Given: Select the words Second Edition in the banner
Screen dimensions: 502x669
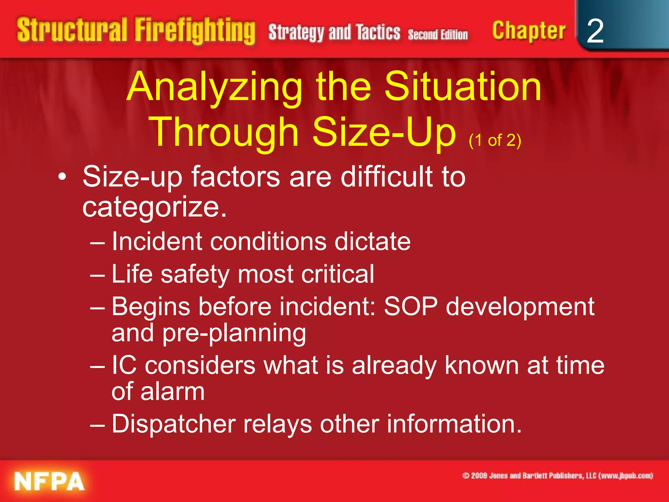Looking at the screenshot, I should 437,35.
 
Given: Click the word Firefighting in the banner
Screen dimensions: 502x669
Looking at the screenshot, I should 195,31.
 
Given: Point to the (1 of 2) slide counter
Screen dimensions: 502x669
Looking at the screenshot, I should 495,141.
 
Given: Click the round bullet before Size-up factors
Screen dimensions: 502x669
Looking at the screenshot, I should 62,177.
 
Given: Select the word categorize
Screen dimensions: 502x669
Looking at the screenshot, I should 154,207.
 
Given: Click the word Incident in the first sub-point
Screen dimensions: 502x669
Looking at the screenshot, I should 157,242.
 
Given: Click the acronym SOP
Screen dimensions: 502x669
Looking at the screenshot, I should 411,307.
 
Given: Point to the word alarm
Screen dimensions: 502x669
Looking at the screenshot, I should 172,392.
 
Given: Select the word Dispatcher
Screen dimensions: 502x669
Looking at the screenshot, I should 173,424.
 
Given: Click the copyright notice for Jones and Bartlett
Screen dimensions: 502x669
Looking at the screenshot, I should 557,476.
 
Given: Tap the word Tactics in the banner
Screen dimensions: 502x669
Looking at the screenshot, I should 378,33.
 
